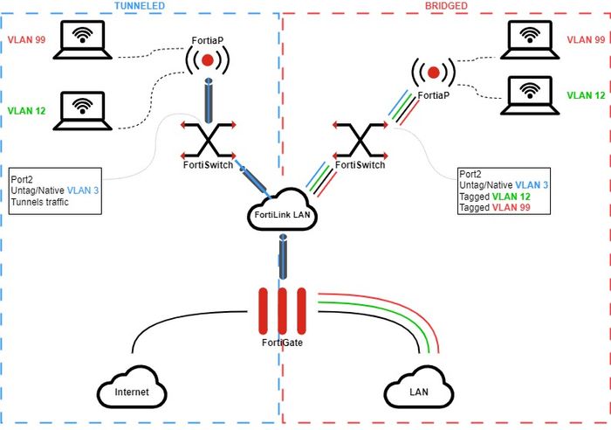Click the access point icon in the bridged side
click(432, 71)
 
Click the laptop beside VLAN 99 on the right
click(528, 38)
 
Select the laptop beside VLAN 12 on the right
click(528, 94)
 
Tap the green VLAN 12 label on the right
click(586, 94)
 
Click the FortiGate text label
click(281, 343)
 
